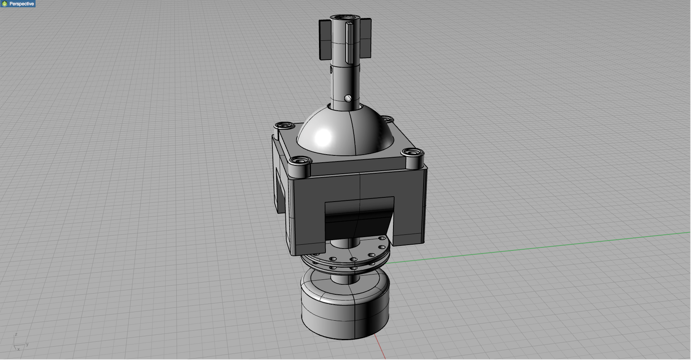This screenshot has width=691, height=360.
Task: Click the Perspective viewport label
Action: (x=21, y=4)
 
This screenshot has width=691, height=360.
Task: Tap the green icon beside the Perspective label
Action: (x=5, y=4)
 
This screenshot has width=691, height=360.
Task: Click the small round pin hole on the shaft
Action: (x=348, y=98)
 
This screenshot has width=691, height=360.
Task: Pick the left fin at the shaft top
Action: (x=325, y=40)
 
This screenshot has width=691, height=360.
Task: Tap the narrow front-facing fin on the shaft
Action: (x=349, y=43)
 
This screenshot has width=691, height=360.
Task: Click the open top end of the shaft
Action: (x=345, y=18)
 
